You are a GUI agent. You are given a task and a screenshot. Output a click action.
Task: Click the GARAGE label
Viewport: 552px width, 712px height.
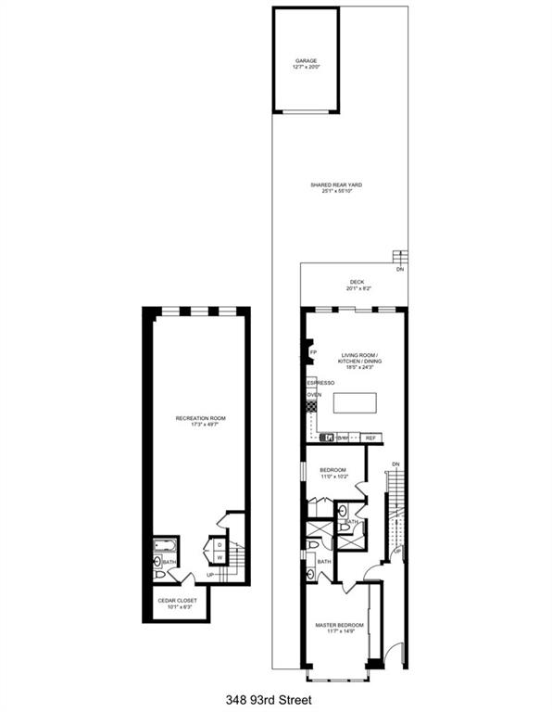(x=307, y=62)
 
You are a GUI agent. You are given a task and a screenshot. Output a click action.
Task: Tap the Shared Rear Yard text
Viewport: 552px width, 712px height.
(x=336, y=185)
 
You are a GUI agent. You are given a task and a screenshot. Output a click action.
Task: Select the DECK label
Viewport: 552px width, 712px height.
(x=357, y=282)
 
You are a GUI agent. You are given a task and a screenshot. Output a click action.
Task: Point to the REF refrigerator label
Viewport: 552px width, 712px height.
(x=370, y=438)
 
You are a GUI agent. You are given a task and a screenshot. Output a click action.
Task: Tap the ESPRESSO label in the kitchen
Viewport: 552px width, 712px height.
(x=320, y=382)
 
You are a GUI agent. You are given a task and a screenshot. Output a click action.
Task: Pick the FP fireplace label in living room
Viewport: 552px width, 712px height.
(x=313, y=353)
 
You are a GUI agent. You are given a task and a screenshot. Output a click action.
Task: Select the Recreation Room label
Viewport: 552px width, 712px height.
(x=201, y=419)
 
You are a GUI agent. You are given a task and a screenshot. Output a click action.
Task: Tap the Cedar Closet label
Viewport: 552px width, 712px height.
(x=176, y=601)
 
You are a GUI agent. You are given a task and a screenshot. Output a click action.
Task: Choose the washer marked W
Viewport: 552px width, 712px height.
(x=219, y=558)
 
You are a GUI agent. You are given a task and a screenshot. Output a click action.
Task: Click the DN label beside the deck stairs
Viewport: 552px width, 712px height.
(x=400, y=269)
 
